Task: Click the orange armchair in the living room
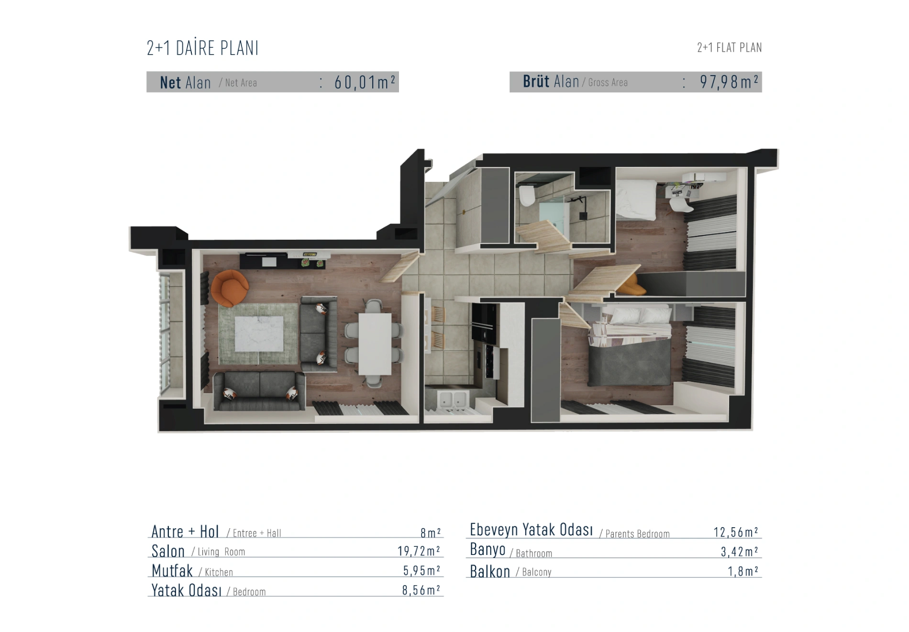point(229,288)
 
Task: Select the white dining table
point(375,344)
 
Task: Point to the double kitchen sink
point(453,400)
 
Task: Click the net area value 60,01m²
point(365,82)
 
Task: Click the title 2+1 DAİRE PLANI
point(202,48)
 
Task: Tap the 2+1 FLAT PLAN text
point(729,47)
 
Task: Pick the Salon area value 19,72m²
point(419,551)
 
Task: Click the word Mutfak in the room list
point(172,570)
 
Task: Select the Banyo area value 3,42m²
point(739,551)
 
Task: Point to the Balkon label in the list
point(490,571)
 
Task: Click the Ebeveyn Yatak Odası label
point(531,530)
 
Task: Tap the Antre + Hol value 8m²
point(431,532)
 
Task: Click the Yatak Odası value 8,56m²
point(421,590)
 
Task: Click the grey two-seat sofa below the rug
point(259,391)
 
